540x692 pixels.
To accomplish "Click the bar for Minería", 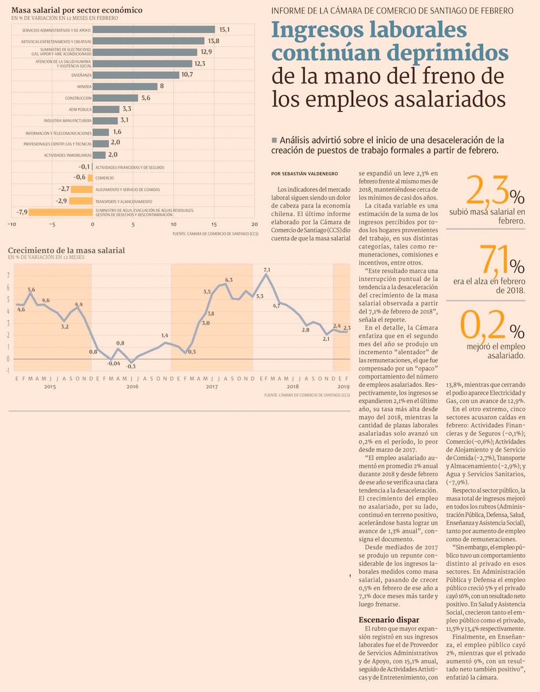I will click(x=125, y=86).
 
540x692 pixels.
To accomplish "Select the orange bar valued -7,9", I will click(x=60, y=212).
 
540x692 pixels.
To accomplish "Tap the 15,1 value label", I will click(x=224, y=30).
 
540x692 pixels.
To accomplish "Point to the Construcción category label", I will click(x=78, y=98).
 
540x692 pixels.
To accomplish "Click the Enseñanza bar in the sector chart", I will click(x=136, y=75).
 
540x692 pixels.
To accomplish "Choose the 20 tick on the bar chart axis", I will click(x=254, y=224).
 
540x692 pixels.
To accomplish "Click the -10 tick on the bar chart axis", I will click(x=12, y=224).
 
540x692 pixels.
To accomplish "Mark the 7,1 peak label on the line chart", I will click(x=266, y=270).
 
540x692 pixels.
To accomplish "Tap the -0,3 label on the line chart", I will click(x=131, y=366).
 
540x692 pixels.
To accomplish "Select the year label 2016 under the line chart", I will click(x=132, y=386).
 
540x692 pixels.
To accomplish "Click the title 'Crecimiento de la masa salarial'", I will click(x=66, y=250).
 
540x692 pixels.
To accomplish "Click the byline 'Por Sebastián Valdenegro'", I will click(x=305, y=174).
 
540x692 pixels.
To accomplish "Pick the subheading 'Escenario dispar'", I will click(x=389, y=620).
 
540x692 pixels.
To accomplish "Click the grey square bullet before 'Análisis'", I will click(x=274, y=140).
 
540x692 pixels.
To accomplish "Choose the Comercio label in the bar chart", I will click(x=105, y=178).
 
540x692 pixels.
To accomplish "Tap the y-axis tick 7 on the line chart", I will click(x=8, y=276).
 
